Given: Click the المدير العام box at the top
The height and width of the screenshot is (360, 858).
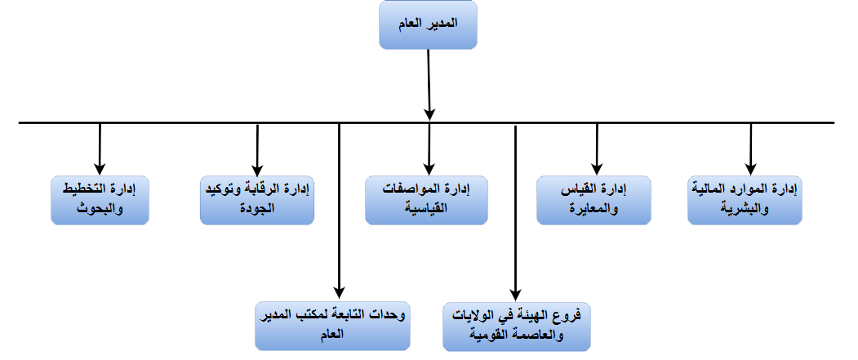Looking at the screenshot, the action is [x=428, y=25].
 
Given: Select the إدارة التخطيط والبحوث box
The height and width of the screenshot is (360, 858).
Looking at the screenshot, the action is [x=100, y=200].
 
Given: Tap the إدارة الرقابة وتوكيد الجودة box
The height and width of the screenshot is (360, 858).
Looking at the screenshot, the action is [x=257, y=200].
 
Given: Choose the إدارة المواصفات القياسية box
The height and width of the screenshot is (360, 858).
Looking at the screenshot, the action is [x=426, y=200].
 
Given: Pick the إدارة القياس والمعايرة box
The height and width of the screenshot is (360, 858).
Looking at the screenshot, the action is [x=593, y=200].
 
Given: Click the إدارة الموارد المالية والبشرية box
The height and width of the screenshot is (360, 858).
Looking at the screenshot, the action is [x=745, y=200].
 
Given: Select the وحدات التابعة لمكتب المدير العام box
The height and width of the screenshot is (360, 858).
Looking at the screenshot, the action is [x=333, y=327].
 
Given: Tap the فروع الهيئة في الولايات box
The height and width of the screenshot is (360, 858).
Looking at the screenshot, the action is [x=517, y=327].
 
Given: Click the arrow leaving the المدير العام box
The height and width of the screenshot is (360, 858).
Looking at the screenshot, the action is [x=429, y=85].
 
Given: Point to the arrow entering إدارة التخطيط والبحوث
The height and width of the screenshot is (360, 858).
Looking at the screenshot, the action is [x=100, y=149].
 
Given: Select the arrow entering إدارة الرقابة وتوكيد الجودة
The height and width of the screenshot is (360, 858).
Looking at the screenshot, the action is [x=257, y=149].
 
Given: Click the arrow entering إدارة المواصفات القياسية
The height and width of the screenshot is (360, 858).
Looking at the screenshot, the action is [x=429, y=149].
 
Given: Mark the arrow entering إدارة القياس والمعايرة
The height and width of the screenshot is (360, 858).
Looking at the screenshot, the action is [x=597, y=149].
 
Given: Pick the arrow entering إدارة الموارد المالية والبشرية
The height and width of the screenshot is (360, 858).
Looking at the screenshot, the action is [x=751, y=149].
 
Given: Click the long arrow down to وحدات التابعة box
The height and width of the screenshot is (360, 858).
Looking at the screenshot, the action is [x=340, y=211].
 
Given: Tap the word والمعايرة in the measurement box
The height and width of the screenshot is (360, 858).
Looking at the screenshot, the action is [x=593, y=208].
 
